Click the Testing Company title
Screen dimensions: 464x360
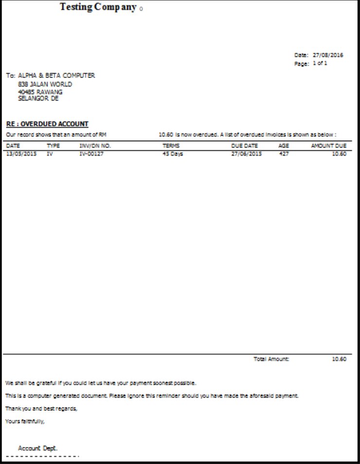coord(98,8)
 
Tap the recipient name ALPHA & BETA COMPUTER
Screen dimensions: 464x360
coord(56,75)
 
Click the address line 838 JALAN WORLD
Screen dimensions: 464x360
coord(45,84)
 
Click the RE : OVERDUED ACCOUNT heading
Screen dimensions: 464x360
coord(47,124)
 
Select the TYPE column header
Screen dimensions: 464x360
coord(53,145)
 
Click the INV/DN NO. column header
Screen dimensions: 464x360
coord(95,145)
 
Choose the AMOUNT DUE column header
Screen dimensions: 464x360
coord(328,145)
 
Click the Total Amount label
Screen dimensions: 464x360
coord(271,359)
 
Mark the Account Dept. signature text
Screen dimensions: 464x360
coord(39,447)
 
